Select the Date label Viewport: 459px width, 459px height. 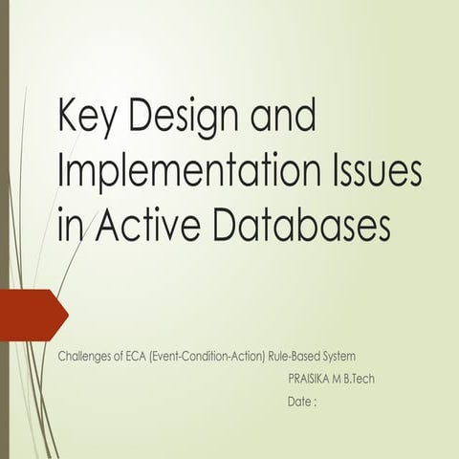click(300, 403)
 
